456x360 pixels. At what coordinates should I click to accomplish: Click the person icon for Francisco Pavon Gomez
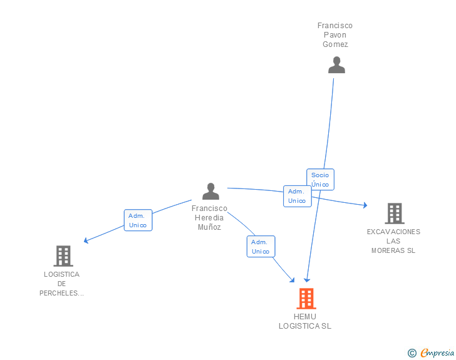(336, 65)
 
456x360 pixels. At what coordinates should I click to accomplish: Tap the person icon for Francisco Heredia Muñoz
(210, 192)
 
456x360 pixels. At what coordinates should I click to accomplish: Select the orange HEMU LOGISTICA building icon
(306, 299)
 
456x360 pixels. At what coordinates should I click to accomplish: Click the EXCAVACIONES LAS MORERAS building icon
(394, 213)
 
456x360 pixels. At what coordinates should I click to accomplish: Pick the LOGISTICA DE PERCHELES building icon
(63, 256)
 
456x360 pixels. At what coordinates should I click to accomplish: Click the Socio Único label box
(320, 180)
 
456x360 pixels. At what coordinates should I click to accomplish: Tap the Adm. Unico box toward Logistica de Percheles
(138, 220)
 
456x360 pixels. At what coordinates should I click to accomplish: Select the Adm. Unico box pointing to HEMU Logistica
(261, 247)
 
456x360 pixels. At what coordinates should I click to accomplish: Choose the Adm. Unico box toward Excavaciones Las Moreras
(297, 196)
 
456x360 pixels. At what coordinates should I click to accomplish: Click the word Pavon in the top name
(335, 35)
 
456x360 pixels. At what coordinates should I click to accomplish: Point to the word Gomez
(335, 44)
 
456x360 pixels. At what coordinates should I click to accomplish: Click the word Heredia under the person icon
(209, 218)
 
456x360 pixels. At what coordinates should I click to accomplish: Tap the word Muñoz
(209, 227)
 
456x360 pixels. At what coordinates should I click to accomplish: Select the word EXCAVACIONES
(393, 232)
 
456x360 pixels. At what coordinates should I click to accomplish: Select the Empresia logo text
(437, 353)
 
